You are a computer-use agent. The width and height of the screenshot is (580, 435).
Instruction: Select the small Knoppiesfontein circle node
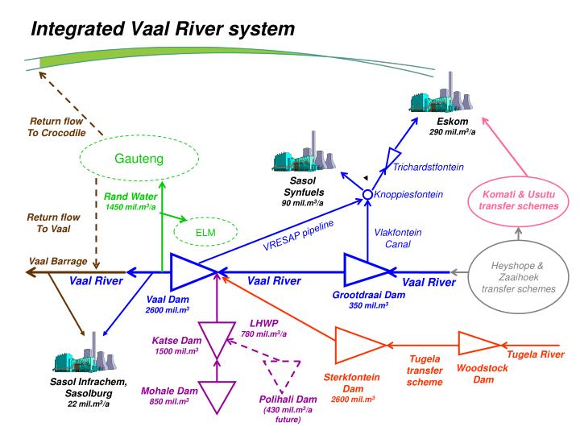tap(367, 194)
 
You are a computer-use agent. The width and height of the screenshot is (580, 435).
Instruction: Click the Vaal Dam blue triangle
tap(191, 274)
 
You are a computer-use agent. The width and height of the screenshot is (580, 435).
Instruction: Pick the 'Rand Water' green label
tap(129, 196)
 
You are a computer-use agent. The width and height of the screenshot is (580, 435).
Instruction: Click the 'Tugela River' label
tap(534, 354)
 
